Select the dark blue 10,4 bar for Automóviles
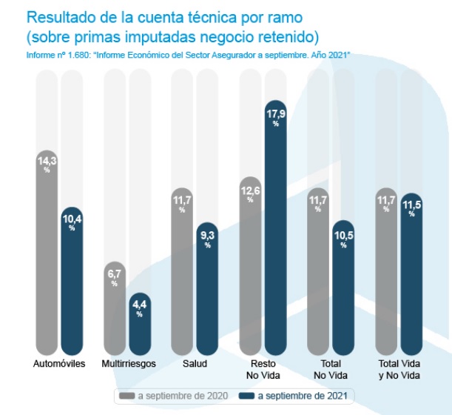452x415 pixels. [x=72, y=282]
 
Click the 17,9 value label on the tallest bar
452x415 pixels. [x=275, y=113]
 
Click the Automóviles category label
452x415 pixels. [x=60, y=364]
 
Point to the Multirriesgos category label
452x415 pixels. [x=127, y=364]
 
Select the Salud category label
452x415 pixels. [x=195, y=364]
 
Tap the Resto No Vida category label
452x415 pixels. [x=263, y=369]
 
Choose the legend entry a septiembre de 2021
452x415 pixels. [x=300, y=396]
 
